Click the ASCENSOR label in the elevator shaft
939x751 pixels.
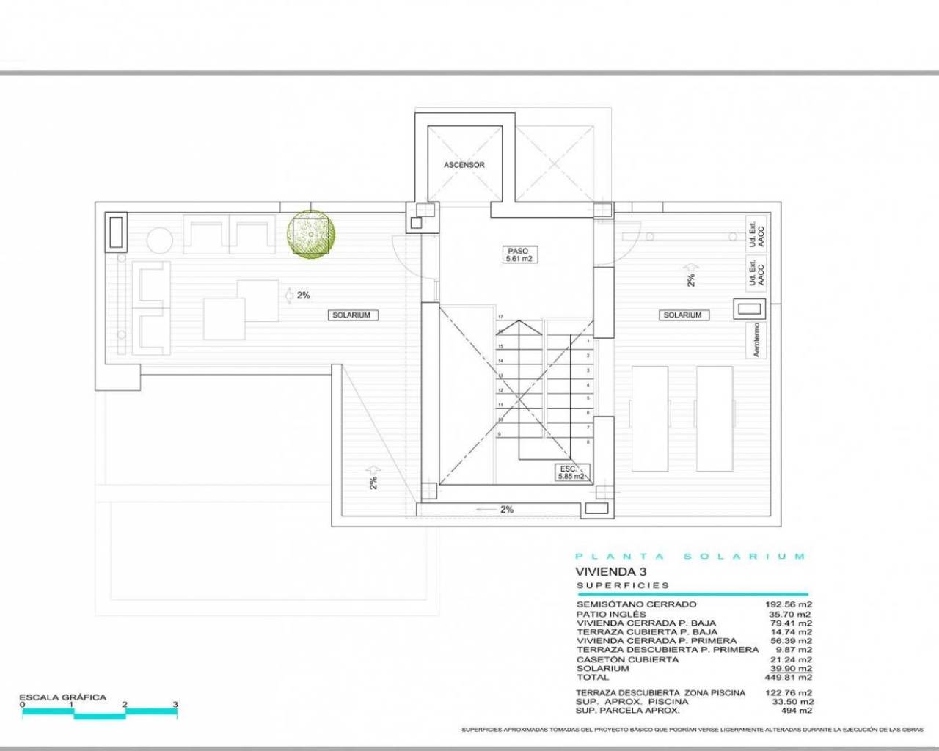point(464,165)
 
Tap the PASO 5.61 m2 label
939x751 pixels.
point(518,254)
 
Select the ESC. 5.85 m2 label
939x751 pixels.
point(571,472)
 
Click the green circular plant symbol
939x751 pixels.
point(311,234)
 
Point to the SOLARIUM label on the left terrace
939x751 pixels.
point(351,315)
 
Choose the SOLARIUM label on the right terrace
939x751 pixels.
point(682,315)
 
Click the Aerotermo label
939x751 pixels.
point(758,340)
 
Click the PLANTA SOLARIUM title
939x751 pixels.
point(690,557)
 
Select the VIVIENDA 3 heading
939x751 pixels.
point(601,571)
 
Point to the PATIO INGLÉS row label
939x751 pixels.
point(611,614)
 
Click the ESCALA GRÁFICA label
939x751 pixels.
point(62,697)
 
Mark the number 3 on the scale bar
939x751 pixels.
point(175,705)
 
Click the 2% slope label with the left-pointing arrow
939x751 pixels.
point(497,509)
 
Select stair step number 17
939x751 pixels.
point(500,317)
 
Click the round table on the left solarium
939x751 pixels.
point(158,240)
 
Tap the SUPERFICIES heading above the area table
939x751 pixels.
point(623,585)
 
